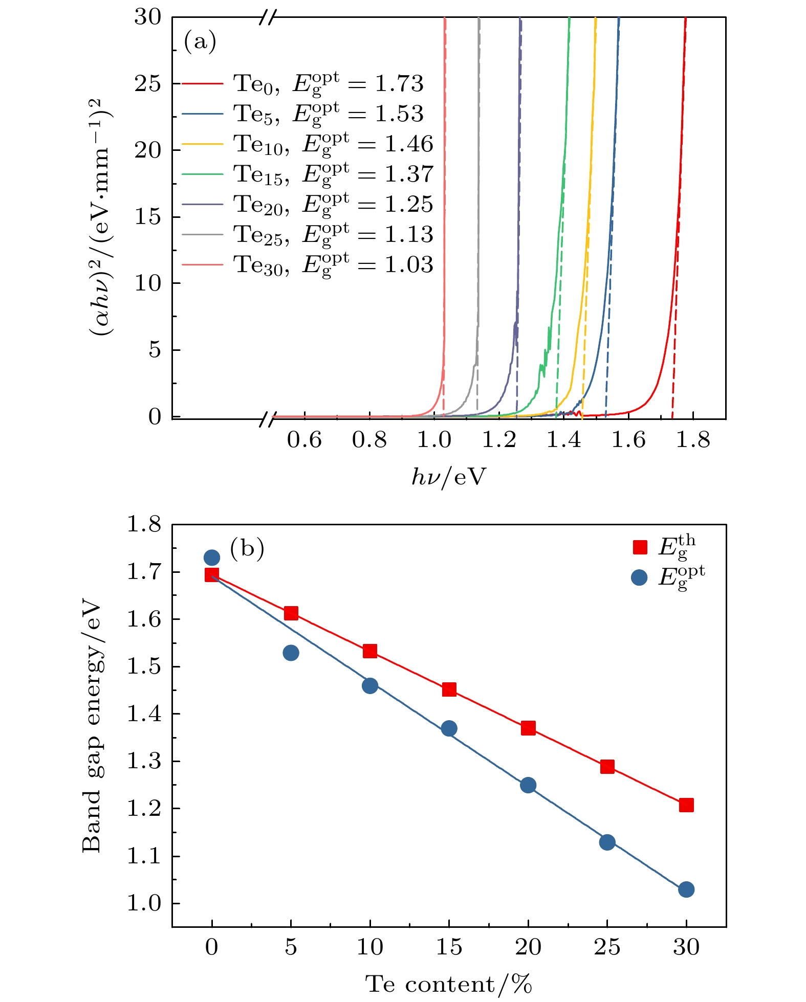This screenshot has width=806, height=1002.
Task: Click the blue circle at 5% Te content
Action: click(x=291, y=653)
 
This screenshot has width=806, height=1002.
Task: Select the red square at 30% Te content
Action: click(x=686, y=805)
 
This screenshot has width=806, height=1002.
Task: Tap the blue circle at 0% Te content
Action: click(x=212, y=558)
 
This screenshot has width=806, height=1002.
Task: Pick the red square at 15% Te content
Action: click(x=449, y=689)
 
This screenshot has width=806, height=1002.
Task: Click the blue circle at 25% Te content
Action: click(x=607, y=842)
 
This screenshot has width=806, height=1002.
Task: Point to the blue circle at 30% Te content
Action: click(x=686, y=889)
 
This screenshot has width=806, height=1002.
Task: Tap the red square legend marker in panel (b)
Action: click(x=640, y=547)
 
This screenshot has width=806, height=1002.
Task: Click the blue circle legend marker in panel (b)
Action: click(x=639, y=577)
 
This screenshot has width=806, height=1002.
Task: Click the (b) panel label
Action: click(x=247, y=548)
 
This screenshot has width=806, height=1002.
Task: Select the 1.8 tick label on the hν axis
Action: click(x=693, y=440)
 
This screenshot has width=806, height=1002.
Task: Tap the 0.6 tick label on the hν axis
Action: click(x=304, y=440)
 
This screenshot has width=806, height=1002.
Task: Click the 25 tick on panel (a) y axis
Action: click(x=148, y=84)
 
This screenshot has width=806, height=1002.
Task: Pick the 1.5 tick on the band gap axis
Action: click(x=144, y=667)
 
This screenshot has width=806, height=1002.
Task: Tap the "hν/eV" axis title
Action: click(x=449, y=477)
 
